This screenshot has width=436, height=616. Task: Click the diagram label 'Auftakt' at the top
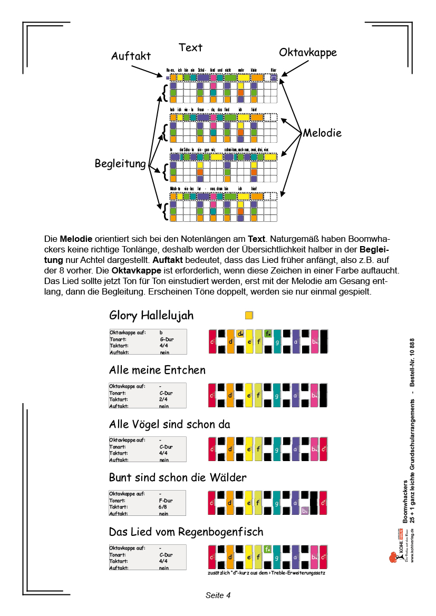131,56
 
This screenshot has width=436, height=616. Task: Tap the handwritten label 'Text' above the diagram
190,47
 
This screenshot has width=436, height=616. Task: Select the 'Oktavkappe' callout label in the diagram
307,53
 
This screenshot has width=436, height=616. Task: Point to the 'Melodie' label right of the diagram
322,133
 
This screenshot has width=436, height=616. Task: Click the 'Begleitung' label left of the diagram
120,164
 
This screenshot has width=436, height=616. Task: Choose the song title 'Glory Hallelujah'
151,316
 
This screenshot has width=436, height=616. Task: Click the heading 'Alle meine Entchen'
157,370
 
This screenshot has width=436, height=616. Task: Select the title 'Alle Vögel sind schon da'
169,424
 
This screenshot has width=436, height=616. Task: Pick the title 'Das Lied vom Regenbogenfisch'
186,531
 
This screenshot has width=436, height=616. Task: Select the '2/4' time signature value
163,399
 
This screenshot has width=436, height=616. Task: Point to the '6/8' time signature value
163,507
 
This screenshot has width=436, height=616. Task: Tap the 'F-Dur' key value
167,501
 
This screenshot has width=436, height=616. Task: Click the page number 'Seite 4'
218,595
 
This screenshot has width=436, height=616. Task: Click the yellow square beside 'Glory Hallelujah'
249,315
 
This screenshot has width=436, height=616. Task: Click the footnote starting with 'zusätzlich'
267,573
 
